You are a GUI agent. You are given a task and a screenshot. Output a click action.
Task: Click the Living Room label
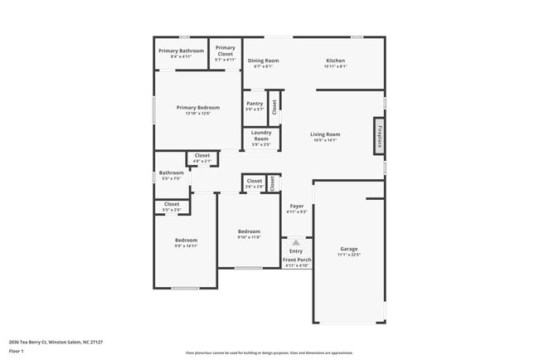pos(325,136)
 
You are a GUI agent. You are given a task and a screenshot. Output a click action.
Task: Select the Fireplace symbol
pos(377,134)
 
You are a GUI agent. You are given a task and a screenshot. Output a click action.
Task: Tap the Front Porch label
pos(297,262)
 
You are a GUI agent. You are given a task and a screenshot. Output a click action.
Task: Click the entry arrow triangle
pos(296,242)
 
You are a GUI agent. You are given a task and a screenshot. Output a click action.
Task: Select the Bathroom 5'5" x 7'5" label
pos(171,175)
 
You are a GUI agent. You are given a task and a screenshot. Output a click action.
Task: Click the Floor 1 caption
pos(17,351)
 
